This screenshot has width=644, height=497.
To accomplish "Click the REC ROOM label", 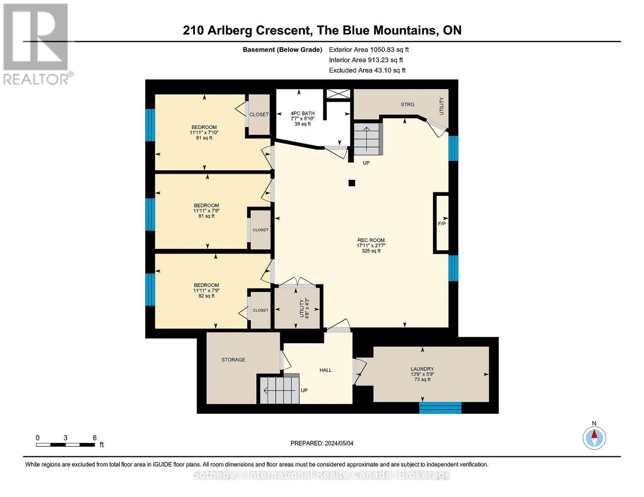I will point(371,240).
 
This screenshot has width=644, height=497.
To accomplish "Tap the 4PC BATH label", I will point(302,113).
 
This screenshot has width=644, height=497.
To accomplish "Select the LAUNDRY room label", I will point(422,369).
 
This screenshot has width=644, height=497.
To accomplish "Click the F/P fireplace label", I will point(442,224).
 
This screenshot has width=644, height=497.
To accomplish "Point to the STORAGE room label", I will point(233,360).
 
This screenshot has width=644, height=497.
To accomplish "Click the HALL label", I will point(326,370).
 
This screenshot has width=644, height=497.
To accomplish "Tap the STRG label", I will point(407,105).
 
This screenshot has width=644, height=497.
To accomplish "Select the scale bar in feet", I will point(66,445).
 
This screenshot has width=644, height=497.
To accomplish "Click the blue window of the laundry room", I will point(440,408).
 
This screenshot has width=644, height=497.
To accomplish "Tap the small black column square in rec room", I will point(352,183).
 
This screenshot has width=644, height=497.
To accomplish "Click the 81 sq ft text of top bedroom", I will point(204,138).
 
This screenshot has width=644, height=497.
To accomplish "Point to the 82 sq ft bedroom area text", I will point(207,296).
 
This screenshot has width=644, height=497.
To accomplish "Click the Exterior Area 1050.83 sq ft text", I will point(369,50).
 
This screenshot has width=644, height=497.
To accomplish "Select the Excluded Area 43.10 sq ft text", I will point(367,70).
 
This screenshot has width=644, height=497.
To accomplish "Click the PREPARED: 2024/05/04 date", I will point(322,443).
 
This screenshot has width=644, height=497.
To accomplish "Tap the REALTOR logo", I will point(36,43).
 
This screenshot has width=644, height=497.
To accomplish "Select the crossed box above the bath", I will point(338,94).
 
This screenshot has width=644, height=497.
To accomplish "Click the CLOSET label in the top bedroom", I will point(259,115).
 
